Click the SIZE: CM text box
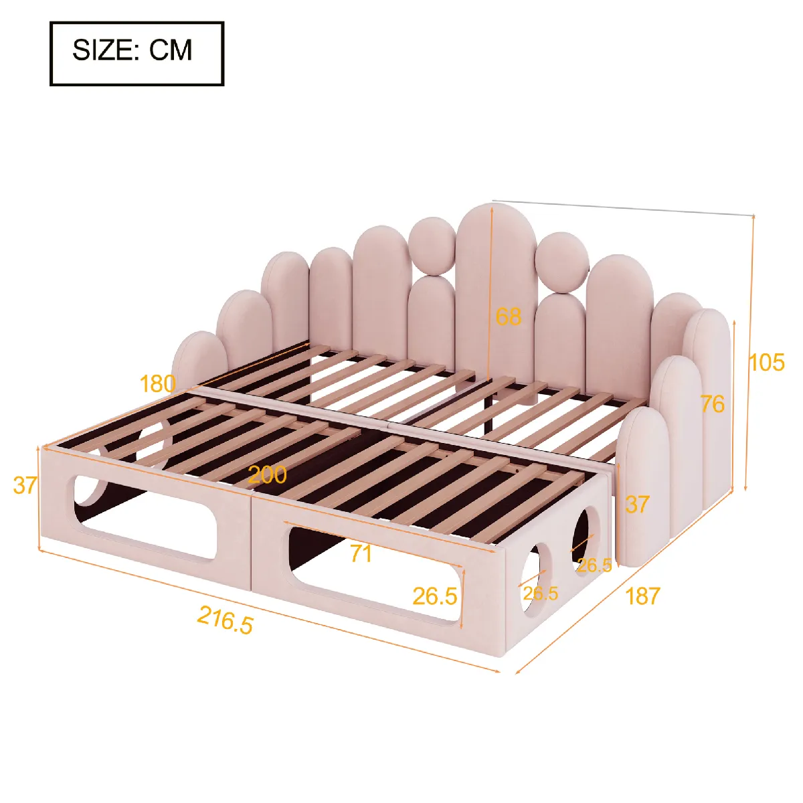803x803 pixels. point(137,54)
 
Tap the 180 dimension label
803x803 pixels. point(157,383)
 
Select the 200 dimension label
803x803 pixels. point(268,474)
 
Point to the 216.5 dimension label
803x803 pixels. point(225,620)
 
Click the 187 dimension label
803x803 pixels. point(642,596)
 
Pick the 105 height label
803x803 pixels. point(767,362)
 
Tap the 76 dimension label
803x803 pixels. point(713,404)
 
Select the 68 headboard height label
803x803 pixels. point(509,317)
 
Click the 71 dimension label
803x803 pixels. point(361,554)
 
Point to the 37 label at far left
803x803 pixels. point(25,485)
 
